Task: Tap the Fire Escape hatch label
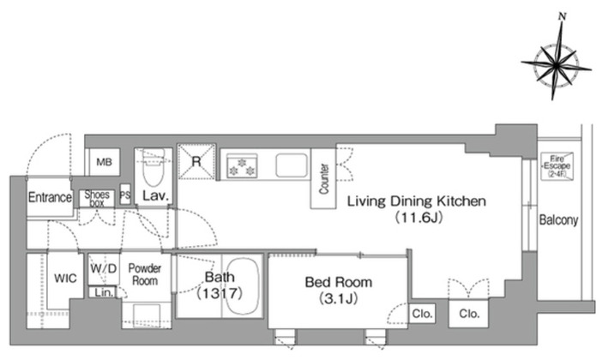click(557, 165)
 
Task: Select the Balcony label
click(558, 220)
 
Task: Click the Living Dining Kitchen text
click(416, 201)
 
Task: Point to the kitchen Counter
click(323, 178)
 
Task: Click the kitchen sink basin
click(292, 165)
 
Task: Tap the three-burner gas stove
click(242, 165)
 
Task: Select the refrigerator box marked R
click(196, 161)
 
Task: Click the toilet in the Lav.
click(154, 167)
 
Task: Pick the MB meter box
click(103, 162)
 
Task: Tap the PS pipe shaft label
click(125, 195)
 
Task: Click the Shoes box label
click(97, 198)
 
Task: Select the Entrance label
click(50, 197)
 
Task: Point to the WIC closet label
click(65, 278)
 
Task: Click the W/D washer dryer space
click(104, 269)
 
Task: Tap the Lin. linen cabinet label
click(104, 292)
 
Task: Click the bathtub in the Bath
click(243, 285)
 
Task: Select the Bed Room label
click(339, 282)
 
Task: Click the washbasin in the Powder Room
click(147, 315)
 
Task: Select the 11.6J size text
click(418, 218)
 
